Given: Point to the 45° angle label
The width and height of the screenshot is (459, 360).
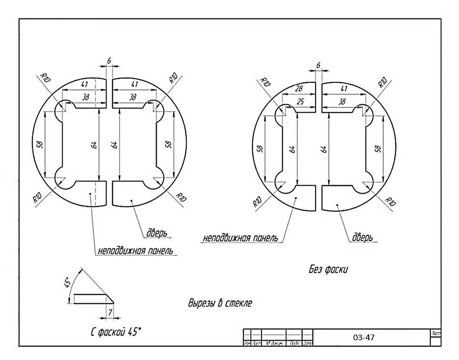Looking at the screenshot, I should [x=68, y=282].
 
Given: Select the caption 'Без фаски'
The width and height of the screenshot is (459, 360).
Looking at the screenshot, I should [x=328, y=269].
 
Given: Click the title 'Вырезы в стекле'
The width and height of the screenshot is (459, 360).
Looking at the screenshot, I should [x=220, y=303].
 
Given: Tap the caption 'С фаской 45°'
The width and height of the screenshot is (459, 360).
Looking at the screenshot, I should [x=116, y=332].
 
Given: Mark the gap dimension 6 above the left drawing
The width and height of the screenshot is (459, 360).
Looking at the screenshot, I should [x=109, y=61].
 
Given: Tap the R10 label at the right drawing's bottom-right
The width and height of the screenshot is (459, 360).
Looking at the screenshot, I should [x=390, y=201].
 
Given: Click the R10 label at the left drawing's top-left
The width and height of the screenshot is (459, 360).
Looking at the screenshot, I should [x=46, y=78].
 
